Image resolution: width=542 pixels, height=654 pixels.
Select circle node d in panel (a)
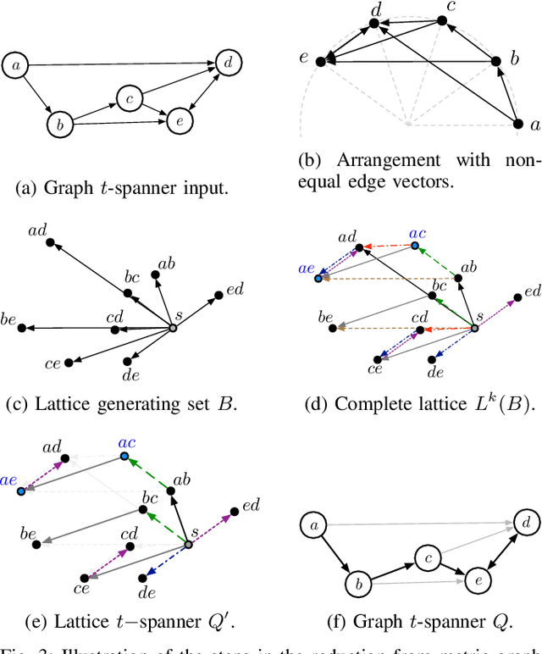tap(228, 63)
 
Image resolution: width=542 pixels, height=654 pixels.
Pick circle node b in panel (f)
tap(358, 585)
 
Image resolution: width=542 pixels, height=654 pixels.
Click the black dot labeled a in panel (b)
tap(518, 125)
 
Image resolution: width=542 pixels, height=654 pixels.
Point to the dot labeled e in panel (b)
tap(320, 61)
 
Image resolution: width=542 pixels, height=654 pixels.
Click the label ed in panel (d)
tap(532, 292)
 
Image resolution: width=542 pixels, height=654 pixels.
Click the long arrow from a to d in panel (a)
tap(119, 62)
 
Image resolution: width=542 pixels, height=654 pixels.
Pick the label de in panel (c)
tap(131, 374)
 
